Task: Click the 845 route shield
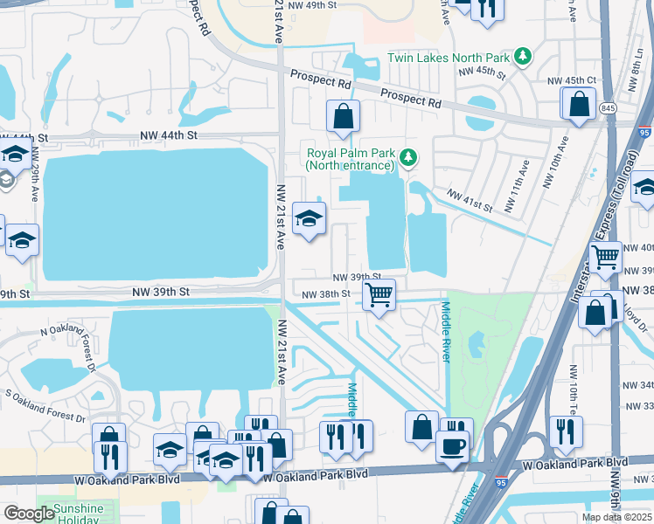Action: point(608,108)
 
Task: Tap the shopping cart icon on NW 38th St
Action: point(379,295)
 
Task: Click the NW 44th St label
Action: point(170,137)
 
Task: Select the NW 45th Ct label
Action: point(571,80)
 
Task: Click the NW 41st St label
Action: point(470,200)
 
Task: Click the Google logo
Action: point(29,514)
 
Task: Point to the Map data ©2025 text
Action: point(616,517)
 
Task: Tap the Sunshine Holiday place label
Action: point(78,514)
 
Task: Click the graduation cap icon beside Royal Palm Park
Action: point(309,219)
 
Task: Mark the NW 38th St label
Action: point(325,295)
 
